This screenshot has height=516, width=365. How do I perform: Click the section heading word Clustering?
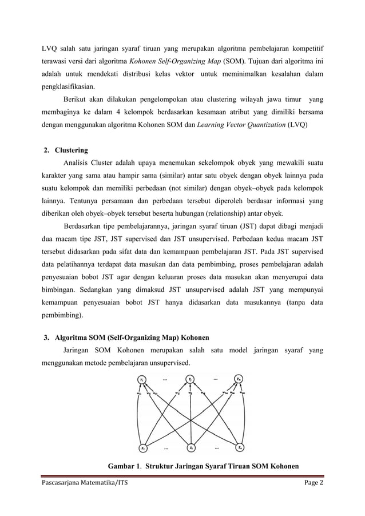(71, 150)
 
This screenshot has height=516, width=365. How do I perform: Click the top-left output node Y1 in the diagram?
(142, 379)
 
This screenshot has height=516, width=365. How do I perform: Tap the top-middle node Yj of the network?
(191, 379)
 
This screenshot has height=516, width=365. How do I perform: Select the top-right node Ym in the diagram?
(239, 379)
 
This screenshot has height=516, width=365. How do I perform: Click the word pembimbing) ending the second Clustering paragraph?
(64, 315)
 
